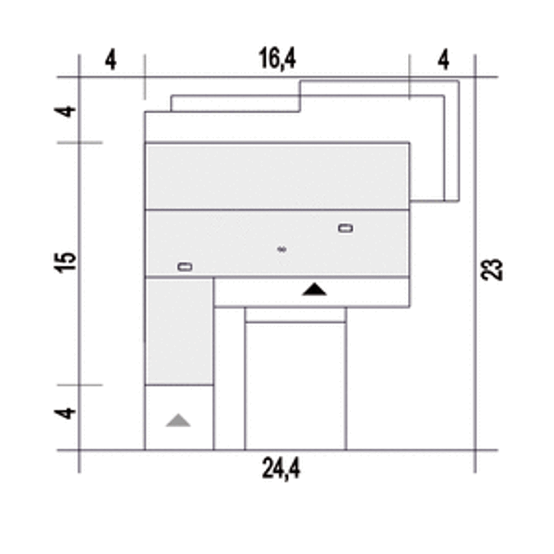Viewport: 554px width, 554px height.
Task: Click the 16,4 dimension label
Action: [277, 59]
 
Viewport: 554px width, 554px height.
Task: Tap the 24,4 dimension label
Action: [281, 468]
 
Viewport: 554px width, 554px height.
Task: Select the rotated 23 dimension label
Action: [492, 269]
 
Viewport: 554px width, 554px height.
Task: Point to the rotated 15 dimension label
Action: [65, 262]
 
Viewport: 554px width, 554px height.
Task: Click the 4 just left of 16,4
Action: [111, 59]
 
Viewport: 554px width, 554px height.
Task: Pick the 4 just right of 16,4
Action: [443, 59]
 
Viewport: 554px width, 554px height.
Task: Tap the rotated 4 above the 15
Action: [65, 112]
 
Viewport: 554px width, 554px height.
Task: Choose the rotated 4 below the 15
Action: [65, 413]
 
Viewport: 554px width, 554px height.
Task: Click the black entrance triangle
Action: [315, 290]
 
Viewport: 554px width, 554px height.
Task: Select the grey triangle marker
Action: [178, 420]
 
